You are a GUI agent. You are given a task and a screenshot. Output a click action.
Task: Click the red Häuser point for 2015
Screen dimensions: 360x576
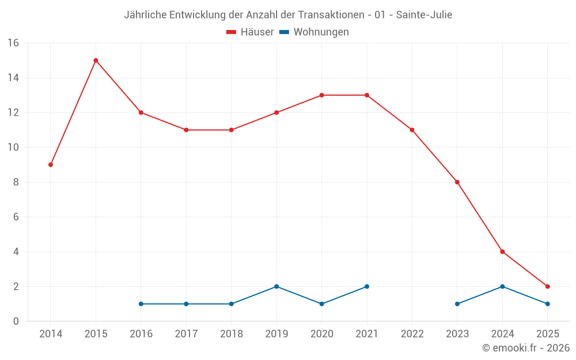96,60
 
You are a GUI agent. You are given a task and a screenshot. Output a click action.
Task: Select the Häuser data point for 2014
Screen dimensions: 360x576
51,165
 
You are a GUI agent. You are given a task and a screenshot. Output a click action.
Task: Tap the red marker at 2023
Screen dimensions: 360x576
457,182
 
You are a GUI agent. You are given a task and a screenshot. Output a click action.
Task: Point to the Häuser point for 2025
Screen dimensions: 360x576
548,286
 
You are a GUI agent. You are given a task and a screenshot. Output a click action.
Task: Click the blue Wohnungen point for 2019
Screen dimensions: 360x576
276,286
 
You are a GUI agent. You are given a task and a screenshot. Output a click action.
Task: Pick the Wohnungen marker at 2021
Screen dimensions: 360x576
367,286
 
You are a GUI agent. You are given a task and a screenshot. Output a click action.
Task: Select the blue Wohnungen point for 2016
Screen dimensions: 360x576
141,304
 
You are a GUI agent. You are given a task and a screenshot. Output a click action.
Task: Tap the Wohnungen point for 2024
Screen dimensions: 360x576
502,286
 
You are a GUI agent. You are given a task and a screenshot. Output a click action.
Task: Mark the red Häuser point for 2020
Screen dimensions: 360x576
321,95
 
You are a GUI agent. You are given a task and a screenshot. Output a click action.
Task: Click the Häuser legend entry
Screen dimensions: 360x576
250,32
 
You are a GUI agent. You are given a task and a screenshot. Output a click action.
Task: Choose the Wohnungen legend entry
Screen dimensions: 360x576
314,32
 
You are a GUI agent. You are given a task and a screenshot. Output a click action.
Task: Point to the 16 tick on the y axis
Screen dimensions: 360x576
13,43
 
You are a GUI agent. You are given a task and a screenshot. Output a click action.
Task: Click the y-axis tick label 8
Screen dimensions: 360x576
16,182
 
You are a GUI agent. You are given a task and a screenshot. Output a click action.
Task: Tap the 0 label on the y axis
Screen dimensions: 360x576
16,321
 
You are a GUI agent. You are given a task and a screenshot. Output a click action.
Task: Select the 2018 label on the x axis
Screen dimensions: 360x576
231,334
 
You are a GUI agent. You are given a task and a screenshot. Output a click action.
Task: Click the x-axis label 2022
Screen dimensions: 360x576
412,334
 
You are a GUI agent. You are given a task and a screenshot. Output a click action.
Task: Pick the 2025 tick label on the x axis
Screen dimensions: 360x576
548,334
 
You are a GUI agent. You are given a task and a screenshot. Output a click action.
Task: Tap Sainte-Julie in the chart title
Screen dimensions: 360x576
423,15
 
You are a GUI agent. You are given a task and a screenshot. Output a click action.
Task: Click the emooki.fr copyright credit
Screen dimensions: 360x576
526,348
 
